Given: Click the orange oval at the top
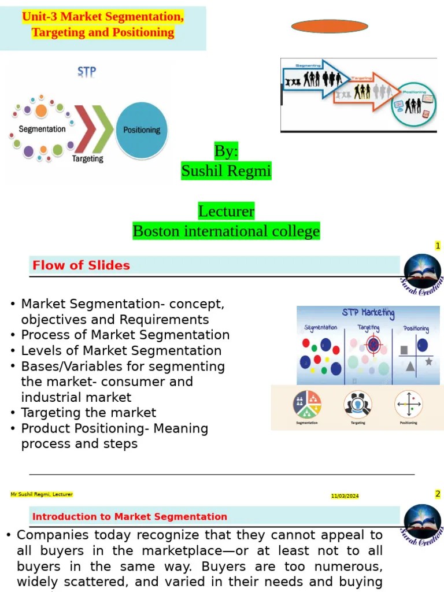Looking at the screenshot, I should pos(330,26).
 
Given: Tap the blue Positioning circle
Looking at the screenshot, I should pos(142,130).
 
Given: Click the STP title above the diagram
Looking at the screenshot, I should pos(87,73).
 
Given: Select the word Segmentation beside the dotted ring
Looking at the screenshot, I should pos(42,129).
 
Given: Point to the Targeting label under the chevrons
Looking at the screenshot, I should pos(87,158).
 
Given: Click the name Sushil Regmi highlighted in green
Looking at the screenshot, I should pos(226,171).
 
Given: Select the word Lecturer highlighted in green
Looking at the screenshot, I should pos(226,211).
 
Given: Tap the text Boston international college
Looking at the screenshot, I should pos(226,231).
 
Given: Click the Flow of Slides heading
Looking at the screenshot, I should pos(81,265).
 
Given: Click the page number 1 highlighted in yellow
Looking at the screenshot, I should pos(438,246).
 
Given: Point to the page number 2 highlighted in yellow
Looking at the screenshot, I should pos(438,494).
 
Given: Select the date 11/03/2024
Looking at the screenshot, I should pos(345,496).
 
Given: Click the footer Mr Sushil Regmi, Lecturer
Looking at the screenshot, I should pos(42,494).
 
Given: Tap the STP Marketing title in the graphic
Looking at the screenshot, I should pos(368,313).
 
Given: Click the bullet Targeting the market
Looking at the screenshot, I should pos(88,413).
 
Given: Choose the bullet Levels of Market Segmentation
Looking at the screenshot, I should pos(121,350).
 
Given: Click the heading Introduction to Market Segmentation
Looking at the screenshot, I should pos(129,517).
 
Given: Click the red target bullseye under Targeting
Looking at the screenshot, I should pos(373,346).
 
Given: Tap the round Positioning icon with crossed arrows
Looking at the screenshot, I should pos(409,404).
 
